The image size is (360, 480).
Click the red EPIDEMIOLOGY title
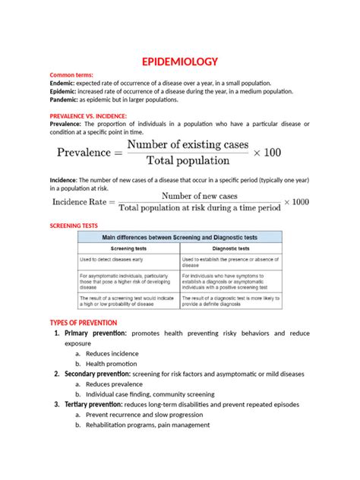point(180,62)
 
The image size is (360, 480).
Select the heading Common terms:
point(71,75)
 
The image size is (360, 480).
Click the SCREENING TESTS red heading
point(74,226)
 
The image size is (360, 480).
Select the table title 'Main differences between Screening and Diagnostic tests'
point(180,237)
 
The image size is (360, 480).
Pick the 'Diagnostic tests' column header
point(231,248)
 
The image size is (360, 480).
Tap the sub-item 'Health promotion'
point(111,364)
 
